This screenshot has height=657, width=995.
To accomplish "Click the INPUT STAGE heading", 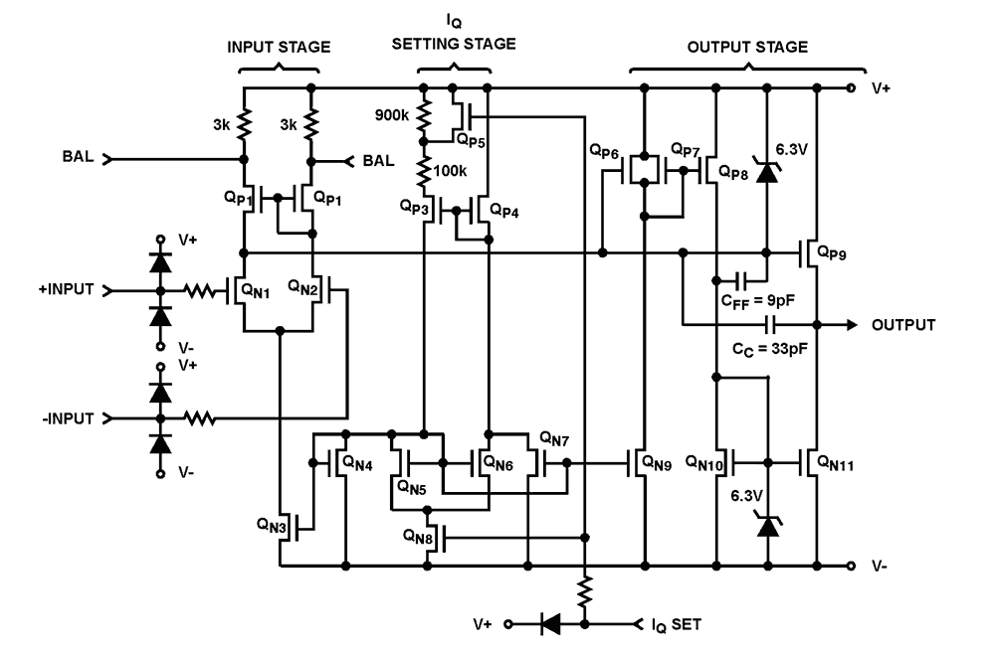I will point(279,47).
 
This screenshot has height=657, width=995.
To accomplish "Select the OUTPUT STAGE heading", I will point(747,47).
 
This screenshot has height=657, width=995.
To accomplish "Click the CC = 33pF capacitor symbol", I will point(770,324).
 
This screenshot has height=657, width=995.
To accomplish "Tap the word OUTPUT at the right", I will point(905,325).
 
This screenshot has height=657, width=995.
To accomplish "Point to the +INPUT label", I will point(67,290).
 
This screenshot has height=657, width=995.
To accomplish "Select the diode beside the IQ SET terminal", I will point(547,624).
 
